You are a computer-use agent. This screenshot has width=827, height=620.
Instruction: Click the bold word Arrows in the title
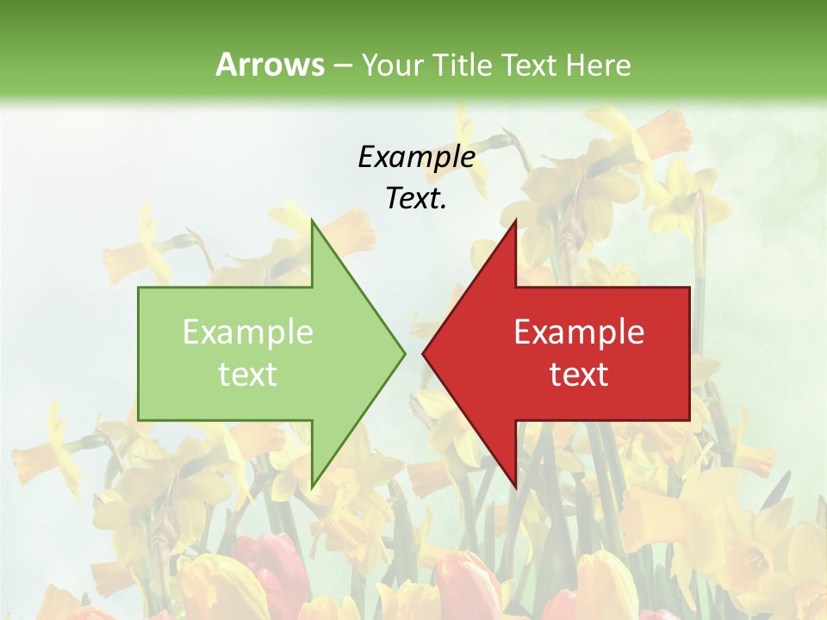pyautogui.click(x=269, y=65)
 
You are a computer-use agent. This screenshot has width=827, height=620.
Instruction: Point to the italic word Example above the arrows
pyautogui.click(x=416, y=157)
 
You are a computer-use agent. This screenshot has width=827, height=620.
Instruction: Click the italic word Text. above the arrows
pyautogui.click(x=416, y=199)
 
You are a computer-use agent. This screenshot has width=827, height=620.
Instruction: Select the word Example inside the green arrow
pyautogui.click(x=248, y=332)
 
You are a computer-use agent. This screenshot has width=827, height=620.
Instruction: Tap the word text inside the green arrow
pyautogui.click(x=248, y=374)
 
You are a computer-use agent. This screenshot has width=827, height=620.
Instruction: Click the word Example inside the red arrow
pyautogui.click(x=579, y=332)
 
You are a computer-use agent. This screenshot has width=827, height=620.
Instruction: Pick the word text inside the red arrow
pyautogui.click(x=579, y=374)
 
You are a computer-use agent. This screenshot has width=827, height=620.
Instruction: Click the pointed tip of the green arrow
pyautogui.click(x=405, y=353)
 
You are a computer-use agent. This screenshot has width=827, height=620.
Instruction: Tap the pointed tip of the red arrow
pyautogui.click(x=422, y=353)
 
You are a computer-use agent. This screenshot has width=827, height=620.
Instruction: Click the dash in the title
pyautogui.click(x=342, y=65)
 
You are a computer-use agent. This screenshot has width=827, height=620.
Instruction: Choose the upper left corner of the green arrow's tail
pyautogui.click(x=139, y=287)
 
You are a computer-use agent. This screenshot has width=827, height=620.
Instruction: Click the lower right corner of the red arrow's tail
pyautogui.click(x=689, y=420)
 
